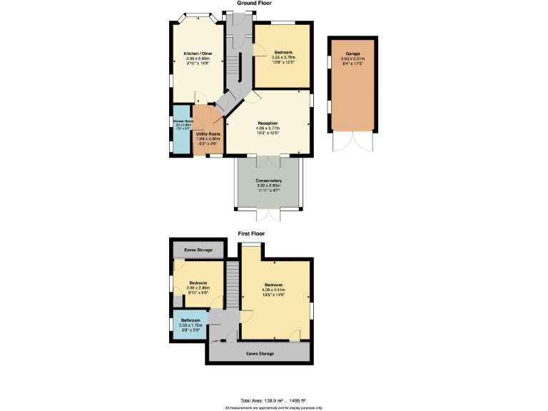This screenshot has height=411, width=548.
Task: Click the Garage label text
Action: [352, 54]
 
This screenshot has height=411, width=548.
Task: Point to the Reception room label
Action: [268, 123]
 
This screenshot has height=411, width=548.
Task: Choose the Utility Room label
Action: [208, 133]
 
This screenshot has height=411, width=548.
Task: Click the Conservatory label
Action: [269, 181]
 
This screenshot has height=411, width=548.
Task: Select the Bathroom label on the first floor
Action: [190, 320]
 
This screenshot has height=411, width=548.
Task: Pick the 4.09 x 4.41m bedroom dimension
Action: [274, 290]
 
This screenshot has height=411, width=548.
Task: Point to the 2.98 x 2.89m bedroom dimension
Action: [198, 288]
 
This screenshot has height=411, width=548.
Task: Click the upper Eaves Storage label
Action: [198, 250]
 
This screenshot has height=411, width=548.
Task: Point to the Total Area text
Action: [273, 400]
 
